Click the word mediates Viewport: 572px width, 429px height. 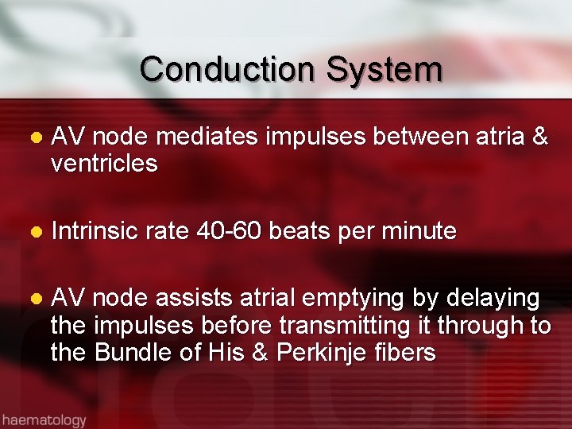coord(207,138)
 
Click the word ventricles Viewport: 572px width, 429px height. coord(104,164)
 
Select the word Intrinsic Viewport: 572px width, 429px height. coord(94,231)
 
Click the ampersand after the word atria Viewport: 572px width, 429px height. coord(539,138)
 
